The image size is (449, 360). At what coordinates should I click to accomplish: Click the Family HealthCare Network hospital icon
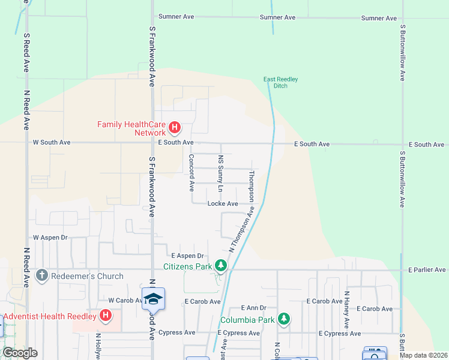click(x=175, y=127)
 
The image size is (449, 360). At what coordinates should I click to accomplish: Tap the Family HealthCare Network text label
click(x=131, y=128)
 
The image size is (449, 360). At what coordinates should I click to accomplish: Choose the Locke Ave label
click(x=223, y=204)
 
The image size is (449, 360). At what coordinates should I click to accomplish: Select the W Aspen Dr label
click(x=50, y=238)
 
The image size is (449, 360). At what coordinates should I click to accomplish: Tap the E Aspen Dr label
click(x=188, y=256)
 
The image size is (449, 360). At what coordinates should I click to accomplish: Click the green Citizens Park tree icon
click(x=221, y=265)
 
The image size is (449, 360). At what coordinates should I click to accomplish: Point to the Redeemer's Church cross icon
click(x=41, y=276)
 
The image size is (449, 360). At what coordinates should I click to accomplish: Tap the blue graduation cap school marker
click(x=154, y=299)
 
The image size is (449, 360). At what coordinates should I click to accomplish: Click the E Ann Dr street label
click(x=253, y=307)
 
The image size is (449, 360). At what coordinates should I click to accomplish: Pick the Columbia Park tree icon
click(x=283, y=319)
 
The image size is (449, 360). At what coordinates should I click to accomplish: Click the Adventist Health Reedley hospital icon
click(x=106, y=315)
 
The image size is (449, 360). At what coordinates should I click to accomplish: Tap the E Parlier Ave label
click(x=427, y=270)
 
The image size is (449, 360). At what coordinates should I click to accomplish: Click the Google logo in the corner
click(x=20, y=352)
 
